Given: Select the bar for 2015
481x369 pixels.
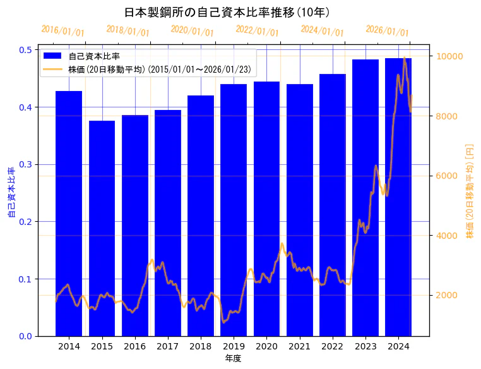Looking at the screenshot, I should point(102,228).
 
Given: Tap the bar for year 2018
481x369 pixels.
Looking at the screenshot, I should point(201,215).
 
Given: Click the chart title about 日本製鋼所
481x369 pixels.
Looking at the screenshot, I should point(227,12).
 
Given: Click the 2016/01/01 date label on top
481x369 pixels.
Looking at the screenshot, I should point(62,30).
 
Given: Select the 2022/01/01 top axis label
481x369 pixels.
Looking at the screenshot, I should point(257,30).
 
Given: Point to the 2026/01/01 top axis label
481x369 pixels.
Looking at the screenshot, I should point(387,31).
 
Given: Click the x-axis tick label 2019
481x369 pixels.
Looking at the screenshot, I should point(234,346).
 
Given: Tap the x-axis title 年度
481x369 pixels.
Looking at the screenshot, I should point(233,358).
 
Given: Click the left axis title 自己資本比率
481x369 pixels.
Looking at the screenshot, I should point(11,193).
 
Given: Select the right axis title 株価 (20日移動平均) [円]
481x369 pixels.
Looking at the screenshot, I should point(469,191).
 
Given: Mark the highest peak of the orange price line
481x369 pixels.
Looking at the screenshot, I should point(404,58).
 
